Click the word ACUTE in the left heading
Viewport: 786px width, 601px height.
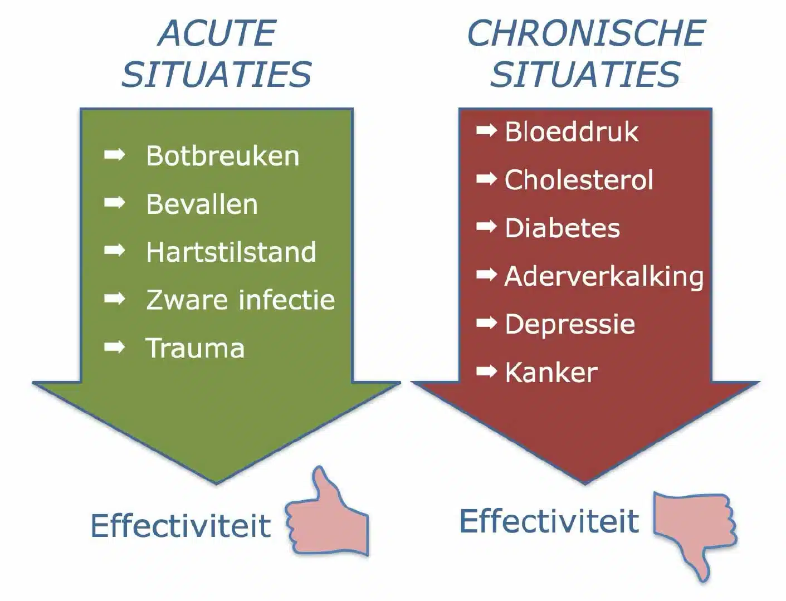[x=217, y=33]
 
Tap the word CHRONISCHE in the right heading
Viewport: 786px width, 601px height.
[x=586, y=33]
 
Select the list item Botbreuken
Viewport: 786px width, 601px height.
[x=223, y=156]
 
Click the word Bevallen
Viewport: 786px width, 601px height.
[x=202, y=204]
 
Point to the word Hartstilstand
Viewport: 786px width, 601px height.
[x=231, y=252]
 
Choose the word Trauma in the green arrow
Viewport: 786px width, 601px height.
[x=195, y=348]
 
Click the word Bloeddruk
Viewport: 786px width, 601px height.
[x=572, y=131]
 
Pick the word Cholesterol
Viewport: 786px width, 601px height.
[x=579, y=180]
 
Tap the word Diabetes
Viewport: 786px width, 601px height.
[x=562, y=228]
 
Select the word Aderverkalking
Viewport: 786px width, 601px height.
[x=604, y=277]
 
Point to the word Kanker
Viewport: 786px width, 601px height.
[x=551, y=373]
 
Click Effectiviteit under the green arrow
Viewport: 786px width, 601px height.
[x=181, y=526]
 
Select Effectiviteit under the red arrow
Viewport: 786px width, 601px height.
[x=549, y=521]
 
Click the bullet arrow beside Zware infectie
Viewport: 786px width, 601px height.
[x=115, y=299]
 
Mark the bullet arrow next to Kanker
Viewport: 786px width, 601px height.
[x=487, y=371]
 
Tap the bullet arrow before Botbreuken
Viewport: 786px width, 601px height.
[x=115, y=155]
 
